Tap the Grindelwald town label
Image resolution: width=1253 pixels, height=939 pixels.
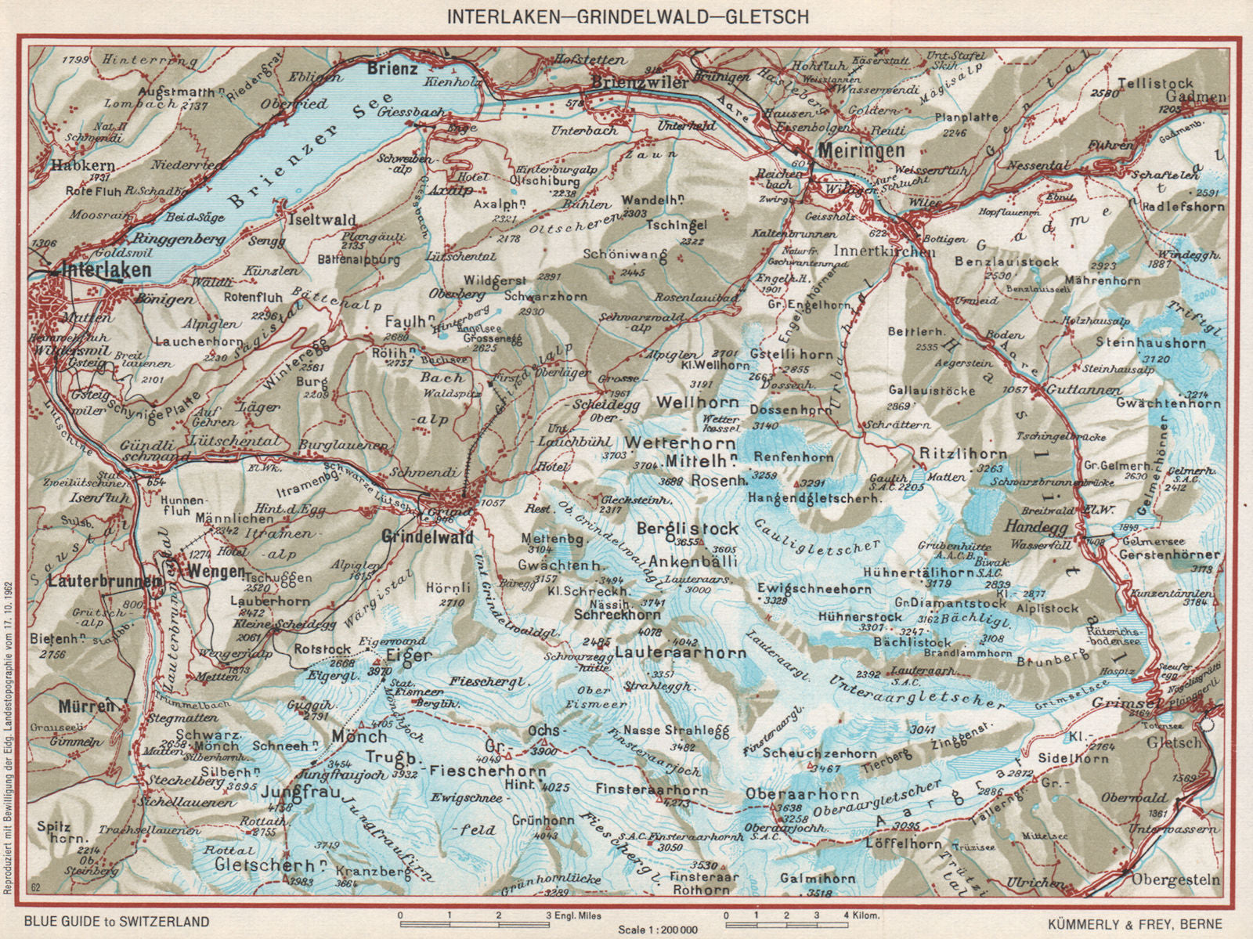(428, 537)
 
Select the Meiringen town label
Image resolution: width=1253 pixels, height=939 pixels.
(861, 150)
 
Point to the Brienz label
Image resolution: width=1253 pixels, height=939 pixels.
(392, 69)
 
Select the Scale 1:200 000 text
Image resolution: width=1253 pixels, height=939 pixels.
(663, 929)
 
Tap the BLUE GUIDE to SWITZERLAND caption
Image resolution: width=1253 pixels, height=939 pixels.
(117, 922)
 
